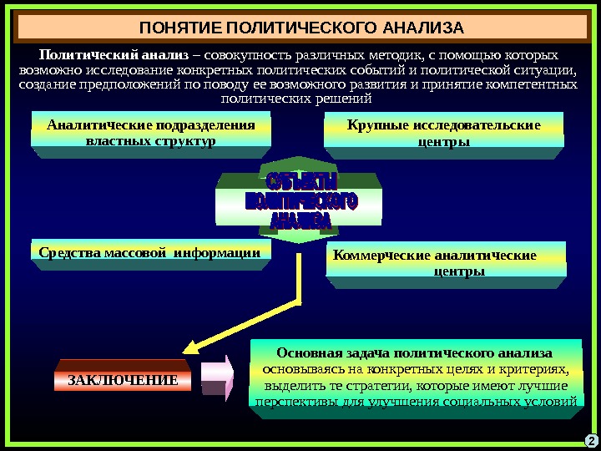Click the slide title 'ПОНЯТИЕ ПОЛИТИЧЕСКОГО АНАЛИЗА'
tap(300, 28)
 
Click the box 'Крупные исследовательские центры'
tap(443, 134)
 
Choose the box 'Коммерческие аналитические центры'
tap(443, 263)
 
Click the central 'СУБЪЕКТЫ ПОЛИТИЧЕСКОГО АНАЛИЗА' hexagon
tap(300, 201)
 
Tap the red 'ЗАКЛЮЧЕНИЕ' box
tap(123, 380)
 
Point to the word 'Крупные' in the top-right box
tap(376, 125)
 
